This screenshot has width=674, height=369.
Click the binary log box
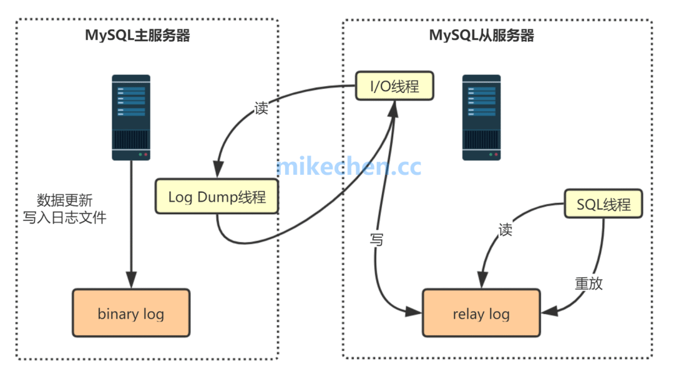tap(131, 313)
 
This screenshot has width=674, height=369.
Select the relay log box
tap(481, 313)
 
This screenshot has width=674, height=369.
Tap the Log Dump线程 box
tap(217, 197)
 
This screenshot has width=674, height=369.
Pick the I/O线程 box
tap(394, 86)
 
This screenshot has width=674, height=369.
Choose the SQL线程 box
tap(603, 204)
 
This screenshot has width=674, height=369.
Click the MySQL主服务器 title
tap(137, 35)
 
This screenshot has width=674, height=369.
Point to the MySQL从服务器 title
tap(481, 35)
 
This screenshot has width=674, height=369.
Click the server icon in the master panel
tap(131, 117)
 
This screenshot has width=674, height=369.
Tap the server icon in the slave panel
tap(481, 117)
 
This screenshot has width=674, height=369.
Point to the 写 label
tap(376, 240)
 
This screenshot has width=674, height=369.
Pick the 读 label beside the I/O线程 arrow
tap(261, 107)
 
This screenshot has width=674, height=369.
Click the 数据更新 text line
tap(65, 200)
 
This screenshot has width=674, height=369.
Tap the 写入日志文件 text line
tap(65, 217)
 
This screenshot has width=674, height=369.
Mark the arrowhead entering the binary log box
tap(131, 282)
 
